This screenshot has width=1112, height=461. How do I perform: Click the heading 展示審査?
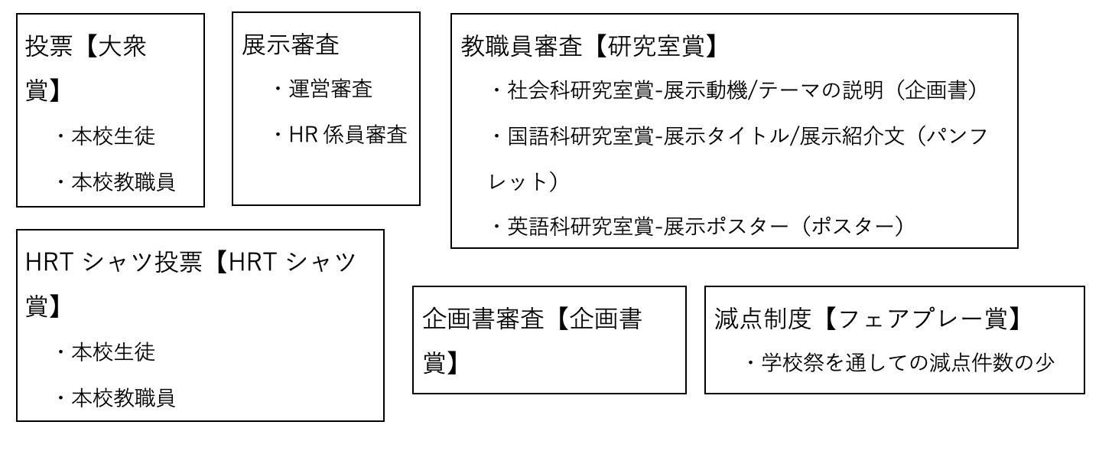[x=291, y=44]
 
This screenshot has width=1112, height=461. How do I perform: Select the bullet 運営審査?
[x=331, y=90]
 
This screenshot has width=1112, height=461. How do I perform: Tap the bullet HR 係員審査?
[x=349, y=136]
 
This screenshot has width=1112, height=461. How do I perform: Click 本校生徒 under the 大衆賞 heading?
[x=113, y=136]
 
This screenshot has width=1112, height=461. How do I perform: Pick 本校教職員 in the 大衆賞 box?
[x=123, y=182]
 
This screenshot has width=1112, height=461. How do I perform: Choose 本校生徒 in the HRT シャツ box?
[x=113, y=352]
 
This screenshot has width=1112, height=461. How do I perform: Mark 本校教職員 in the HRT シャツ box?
[x=123, y=398]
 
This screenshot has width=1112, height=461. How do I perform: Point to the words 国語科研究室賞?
[x=581, y=137]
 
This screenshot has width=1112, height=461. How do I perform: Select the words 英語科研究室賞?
[x=581, y=228]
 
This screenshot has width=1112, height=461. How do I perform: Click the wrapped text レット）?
[x=519, y=182]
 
